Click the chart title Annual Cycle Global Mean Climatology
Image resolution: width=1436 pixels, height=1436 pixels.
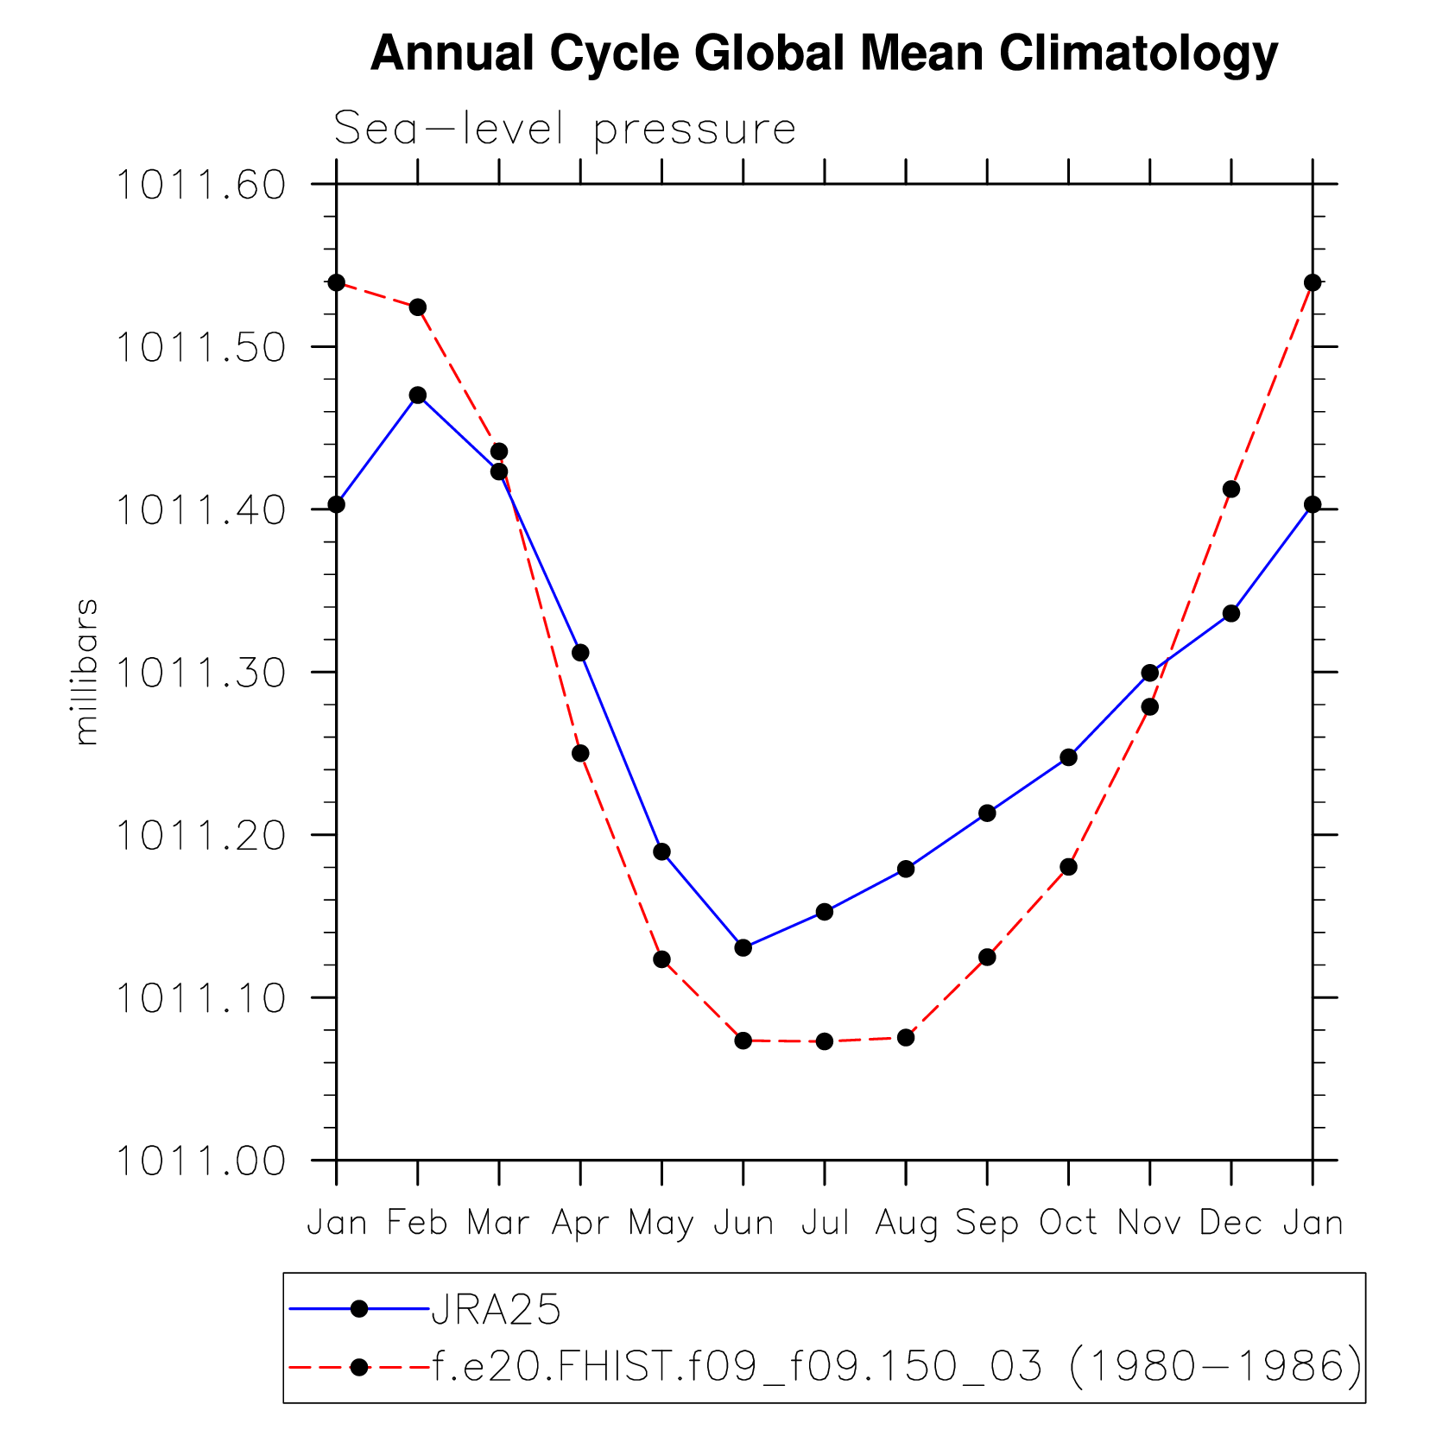[823, 54]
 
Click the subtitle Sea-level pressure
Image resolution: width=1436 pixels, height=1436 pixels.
[565, 130]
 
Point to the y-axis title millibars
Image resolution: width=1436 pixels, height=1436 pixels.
[86, 672]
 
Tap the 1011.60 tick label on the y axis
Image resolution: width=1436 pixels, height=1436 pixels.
[200, 185]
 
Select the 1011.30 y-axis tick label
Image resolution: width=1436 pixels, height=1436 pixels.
[200, 673]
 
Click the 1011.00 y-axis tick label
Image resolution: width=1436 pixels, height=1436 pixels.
[200, 1161]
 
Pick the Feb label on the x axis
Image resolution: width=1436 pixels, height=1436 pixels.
[417, 1223]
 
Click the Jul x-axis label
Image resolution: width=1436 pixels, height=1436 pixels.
[825, 1223]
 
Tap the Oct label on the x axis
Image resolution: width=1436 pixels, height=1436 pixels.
[1068, 1223]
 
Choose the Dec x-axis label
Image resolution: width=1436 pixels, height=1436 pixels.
[1230, 1223]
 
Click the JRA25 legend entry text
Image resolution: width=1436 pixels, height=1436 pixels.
[497, 1310]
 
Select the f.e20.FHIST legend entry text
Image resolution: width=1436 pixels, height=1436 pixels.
[896, 1366]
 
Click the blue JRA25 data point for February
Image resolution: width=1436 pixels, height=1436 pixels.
[418, 395]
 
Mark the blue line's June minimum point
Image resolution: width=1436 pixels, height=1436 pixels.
[743, 947]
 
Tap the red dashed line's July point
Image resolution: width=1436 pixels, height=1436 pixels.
[825, 1041]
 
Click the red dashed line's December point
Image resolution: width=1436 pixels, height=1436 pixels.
[1231, 490]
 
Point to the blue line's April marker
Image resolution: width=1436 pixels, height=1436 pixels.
[580, 652]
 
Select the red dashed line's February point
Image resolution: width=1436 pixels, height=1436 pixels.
[418, 307]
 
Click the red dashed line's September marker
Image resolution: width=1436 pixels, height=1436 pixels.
[987, 957]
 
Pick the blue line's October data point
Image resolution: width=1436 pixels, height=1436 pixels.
[1068, 757]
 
